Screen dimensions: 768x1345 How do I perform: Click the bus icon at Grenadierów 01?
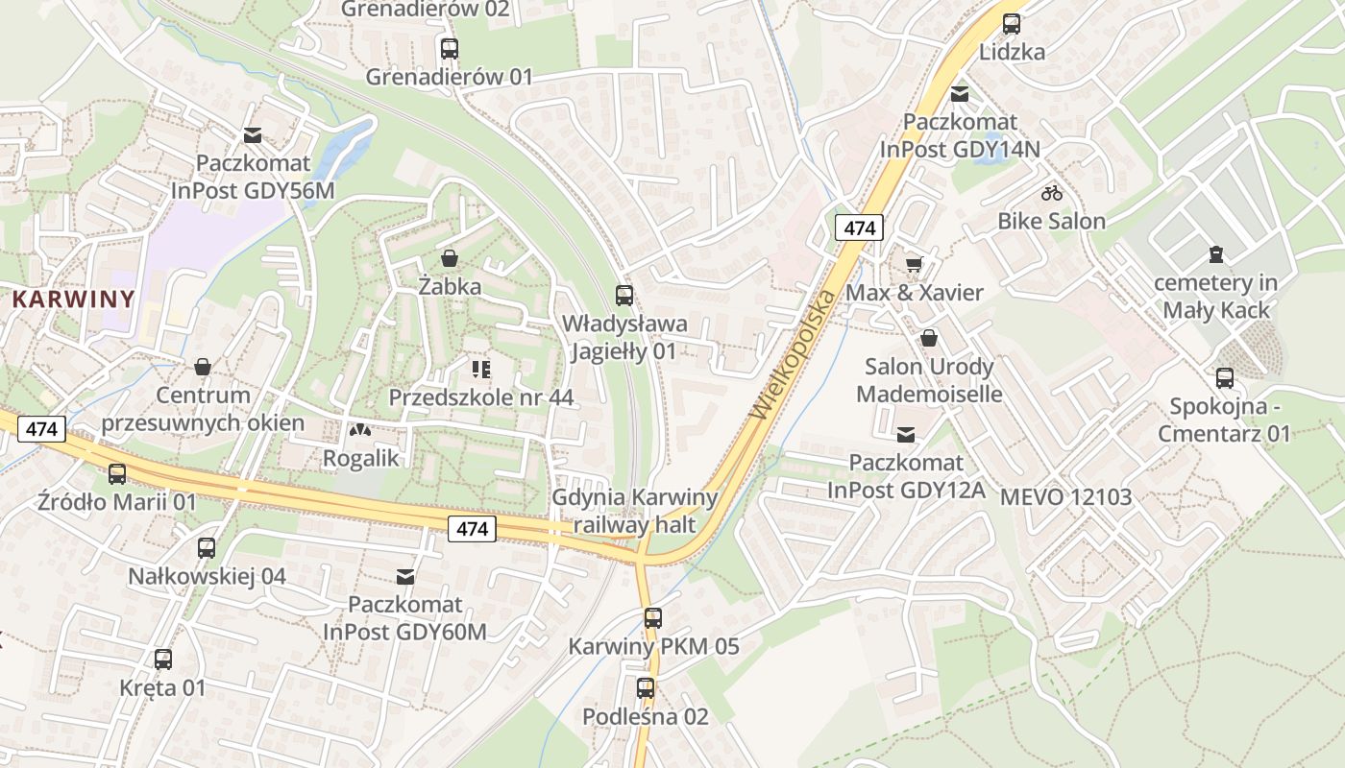click(449, 48)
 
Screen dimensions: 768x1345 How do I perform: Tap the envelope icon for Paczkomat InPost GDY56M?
click(253, 135)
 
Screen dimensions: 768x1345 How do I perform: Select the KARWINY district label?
click(73, 299)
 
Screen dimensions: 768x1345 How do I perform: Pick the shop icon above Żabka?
click(449, 258)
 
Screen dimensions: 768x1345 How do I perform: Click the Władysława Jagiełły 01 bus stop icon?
click(624, 295)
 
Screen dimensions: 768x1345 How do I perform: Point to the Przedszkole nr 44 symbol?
click(480, 370)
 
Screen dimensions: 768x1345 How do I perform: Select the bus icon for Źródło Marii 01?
click(117, 473)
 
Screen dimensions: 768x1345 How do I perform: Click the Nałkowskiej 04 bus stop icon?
click(207, 548)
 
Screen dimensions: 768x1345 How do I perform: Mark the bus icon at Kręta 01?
click(163, 660)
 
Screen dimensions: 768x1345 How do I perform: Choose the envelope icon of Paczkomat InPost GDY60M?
click(405, 577)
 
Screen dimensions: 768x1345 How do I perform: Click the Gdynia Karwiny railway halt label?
click(634, 511)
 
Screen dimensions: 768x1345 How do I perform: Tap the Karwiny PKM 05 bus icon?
click(653, 618)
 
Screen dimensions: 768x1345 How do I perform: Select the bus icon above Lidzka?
click(1012, 24)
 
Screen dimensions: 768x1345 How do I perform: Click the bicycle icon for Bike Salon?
click(1052, 193)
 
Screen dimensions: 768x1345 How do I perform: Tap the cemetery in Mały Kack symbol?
click(1216, 254)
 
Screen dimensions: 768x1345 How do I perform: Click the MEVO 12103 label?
click(1065, 497)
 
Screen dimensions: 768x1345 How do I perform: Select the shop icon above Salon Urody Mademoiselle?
click(929, 338)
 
